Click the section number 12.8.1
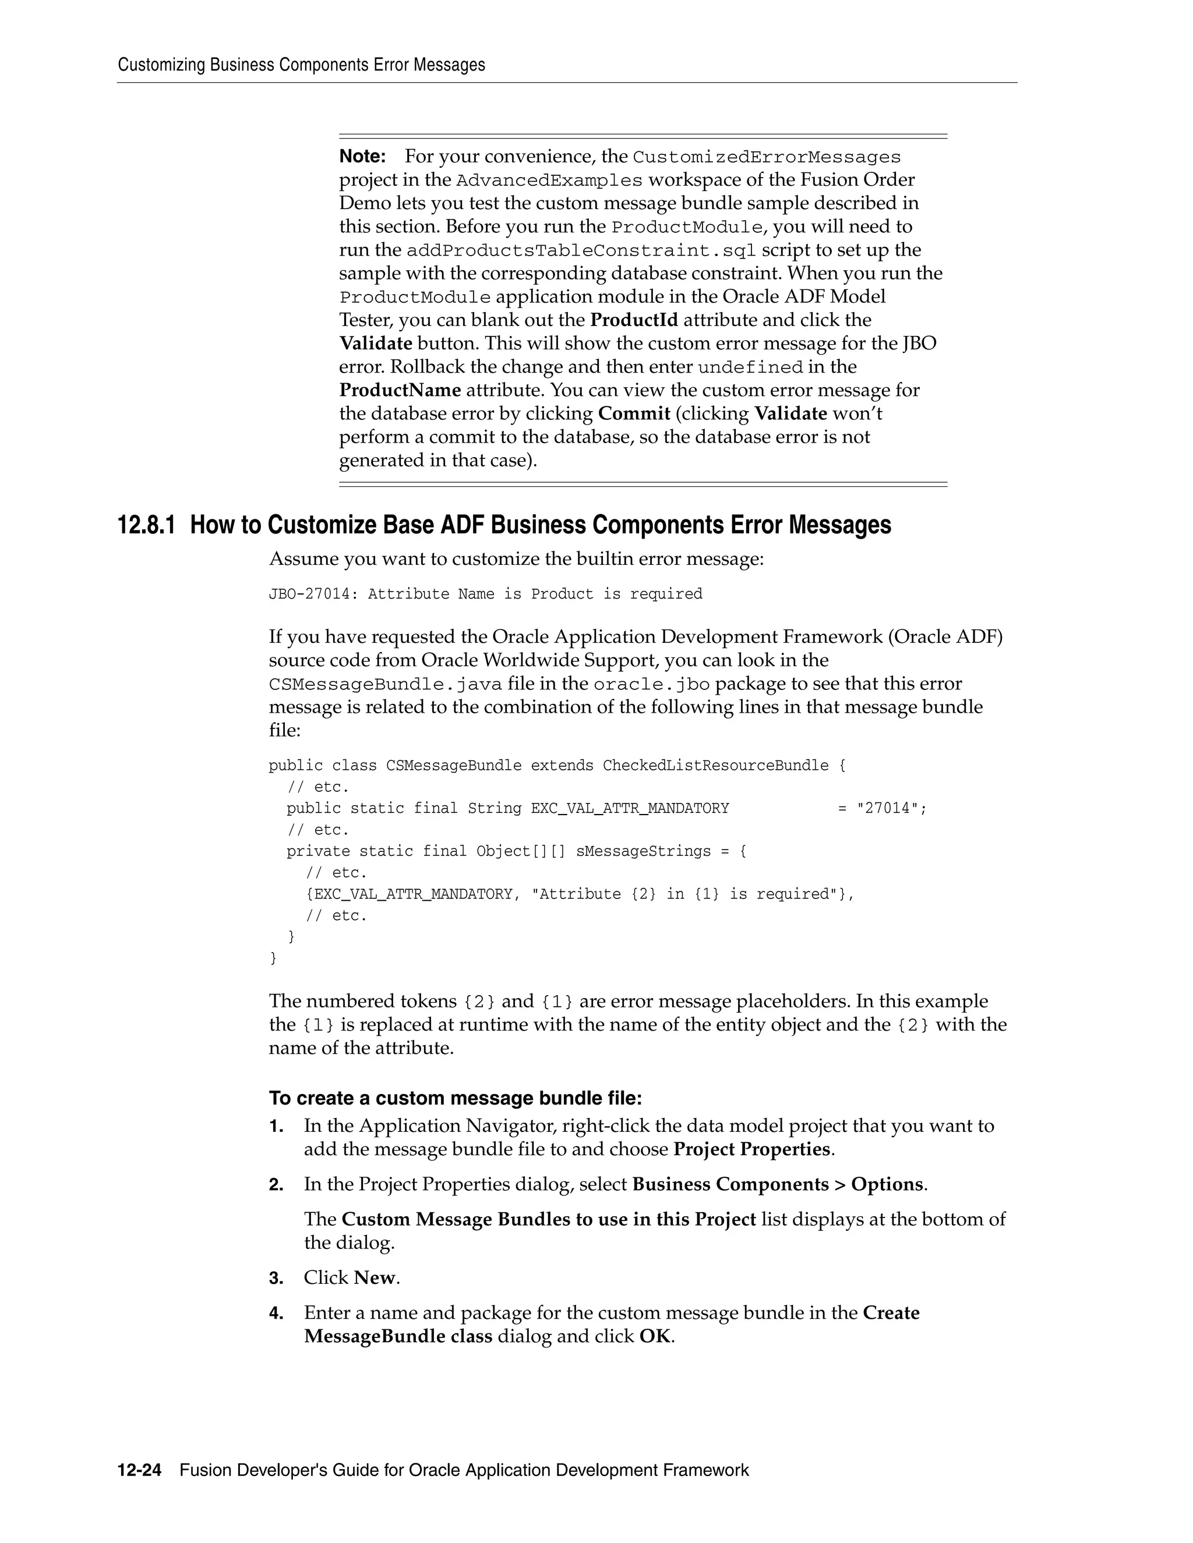pyautogui.click(x=146, y=526)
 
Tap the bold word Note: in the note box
pyautogui.click(x=362, y=156)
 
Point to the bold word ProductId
pyautogui.click(x=634, y=320)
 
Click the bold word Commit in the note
pyautogui.click(x=634, y=413)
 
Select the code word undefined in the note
pyautogui.click(x=750, y=367)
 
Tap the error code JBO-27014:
pyautogui.click(x=309, y=594)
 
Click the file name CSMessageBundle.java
pyautogui.click(x=385, y=685)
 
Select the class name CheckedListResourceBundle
pyautogui.click(x=715, y=766)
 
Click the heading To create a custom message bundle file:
pyautogui.click(x=455, y=1098)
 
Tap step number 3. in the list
pyautogui.click(x=276, y=1278)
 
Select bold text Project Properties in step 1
pyautogui.click(x=751, y=1149)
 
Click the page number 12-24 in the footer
pyautogui.click(x=139, y=1470)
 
